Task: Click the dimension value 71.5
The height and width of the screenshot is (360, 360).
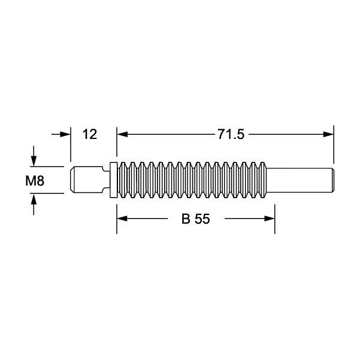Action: pyautogui.click(x=231, y=135)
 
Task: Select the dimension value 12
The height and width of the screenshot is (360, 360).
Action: pyautogui.click(x=89, y=135)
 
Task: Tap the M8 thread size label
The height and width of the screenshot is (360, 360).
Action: pyautogui.click(x=34, y=180)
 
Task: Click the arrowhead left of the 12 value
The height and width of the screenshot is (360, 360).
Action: pyautogui.click(x=66, y=135)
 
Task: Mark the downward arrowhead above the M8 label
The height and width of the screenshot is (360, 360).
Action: pyautogui.click(x=34, y=161)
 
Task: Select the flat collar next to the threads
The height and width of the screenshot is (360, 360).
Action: pyautogui.click(x=114, y=179)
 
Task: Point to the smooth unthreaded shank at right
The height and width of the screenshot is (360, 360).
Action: pyautogui.click(x=300, y=179)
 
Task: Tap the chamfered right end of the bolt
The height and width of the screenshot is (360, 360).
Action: pyautogui.click(x=331, y=179)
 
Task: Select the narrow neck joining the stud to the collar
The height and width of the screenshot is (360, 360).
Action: pyautogui.click(x=105, y=179)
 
